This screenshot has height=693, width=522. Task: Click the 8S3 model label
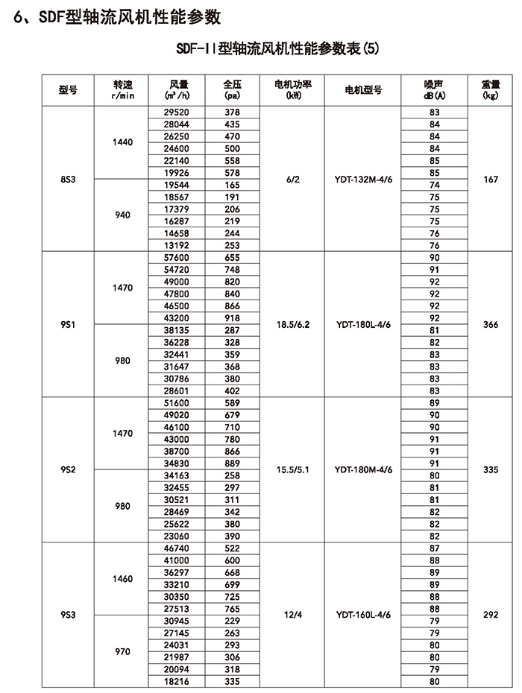[x=68, y=180]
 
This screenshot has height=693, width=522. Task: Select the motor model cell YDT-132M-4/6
[x=363, y=180]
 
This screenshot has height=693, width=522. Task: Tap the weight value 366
[x=490, y=325]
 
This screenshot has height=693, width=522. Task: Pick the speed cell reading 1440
[x=122, y=142]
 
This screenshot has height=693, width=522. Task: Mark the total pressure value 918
[x=232, y=318]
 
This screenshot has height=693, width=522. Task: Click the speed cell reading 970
[x=122, y=651]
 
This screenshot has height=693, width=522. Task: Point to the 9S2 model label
[x=68, y=470]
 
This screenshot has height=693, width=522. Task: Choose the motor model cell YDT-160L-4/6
[x=363, y=616]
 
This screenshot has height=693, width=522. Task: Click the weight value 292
[x=490, y=616]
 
